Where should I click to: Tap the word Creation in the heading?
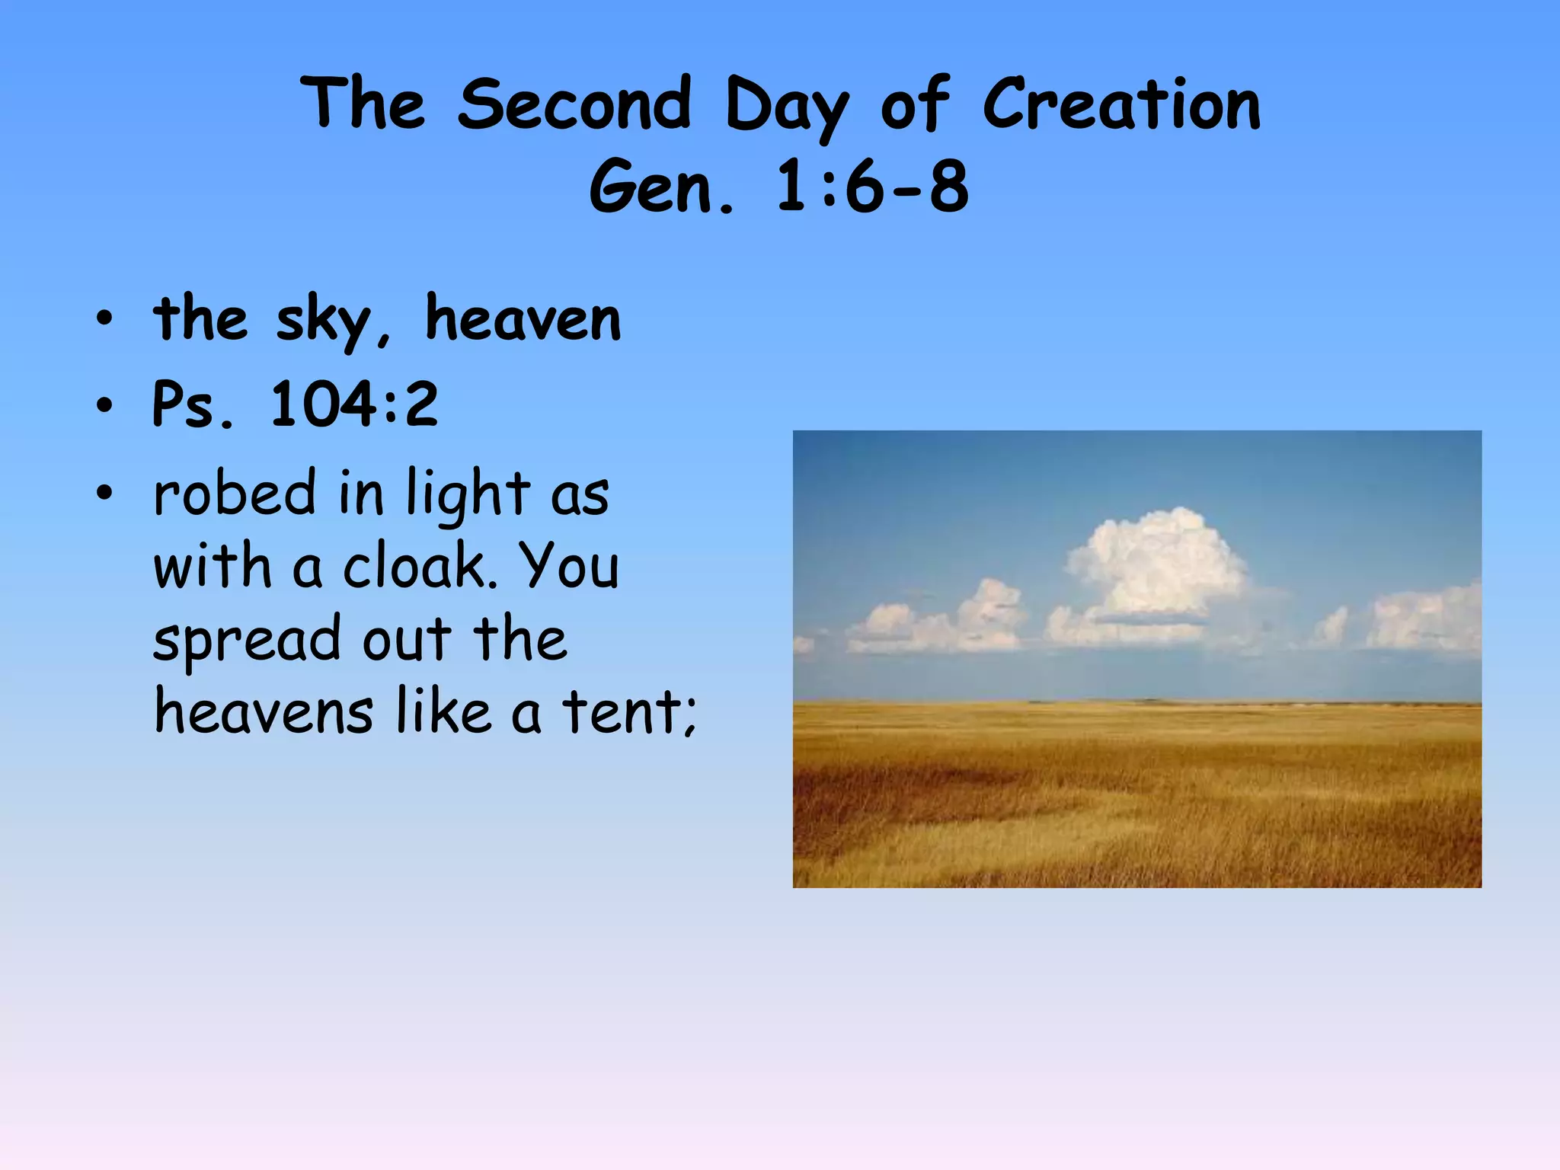1121,104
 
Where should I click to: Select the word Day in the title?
786,107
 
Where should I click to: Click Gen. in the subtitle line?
661,187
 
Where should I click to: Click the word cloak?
420,567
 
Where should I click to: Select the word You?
569,567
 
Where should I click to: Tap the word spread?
247,641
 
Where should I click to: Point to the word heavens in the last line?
264,711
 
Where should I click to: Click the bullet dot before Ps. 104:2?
104,405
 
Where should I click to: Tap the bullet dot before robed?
104,494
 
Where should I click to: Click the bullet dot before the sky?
104,320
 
